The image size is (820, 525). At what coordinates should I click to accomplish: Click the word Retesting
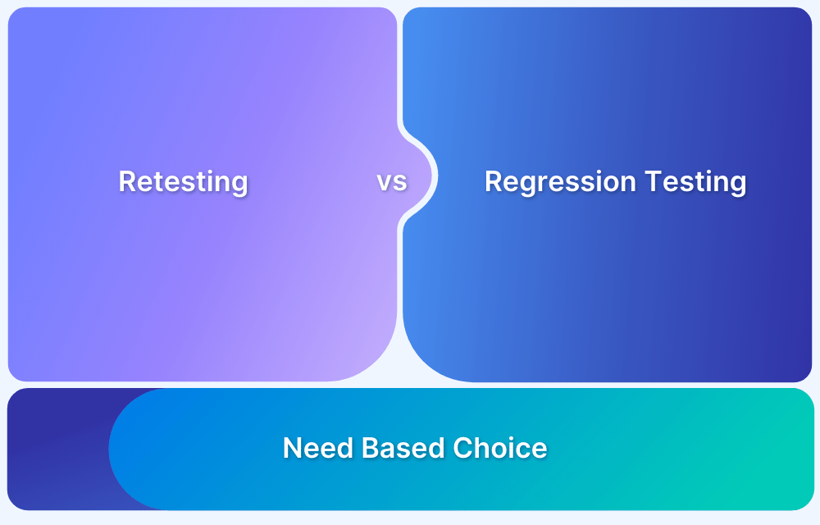[183, 181]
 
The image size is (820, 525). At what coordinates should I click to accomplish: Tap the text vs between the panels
[392, 181]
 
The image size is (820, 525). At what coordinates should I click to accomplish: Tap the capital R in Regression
[494, 181]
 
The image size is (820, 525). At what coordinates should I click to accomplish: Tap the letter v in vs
[385, 182]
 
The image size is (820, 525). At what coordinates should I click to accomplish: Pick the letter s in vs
[400, 182]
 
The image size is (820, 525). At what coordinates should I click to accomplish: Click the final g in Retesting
[239, 184]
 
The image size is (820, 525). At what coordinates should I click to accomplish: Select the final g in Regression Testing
[738, 184]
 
